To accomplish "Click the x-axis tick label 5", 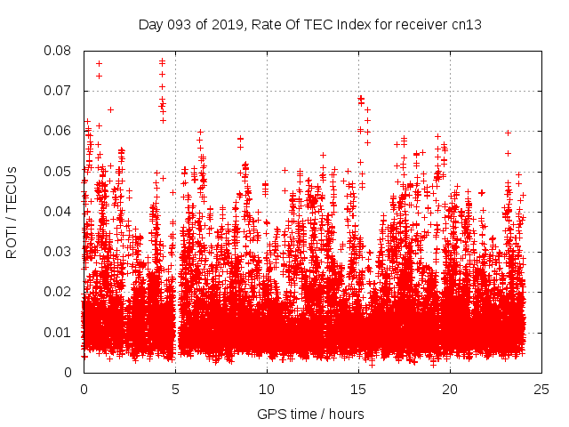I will (175, 390).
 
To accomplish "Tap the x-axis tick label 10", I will (267, 390).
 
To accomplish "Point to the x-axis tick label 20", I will (451, 390).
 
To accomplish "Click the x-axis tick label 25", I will (542, 390).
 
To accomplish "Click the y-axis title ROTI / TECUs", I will (12, 212).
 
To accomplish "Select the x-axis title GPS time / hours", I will (310, 414).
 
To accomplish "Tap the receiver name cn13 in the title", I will (467, 24).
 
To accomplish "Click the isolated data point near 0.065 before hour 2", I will (110, 109).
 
